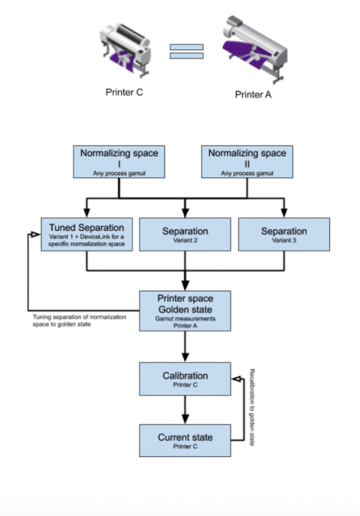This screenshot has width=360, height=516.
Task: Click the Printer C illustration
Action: (125, 50)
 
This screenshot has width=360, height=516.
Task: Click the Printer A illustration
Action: (255, 49)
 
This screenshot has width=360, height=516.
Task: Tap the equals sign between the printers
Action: (187, 51)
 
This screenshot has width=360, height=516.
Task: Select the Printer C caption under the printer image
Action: (124, 93)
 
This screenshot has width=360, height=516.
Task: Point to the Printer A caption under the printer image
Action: (253, 95)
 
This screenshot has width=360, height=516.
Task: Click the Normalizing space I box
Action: (119, 162)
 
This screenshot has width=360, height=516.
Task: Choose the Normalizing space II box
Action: (247, 162)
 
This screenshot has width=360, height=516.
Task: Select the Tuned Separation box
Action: (87, 234)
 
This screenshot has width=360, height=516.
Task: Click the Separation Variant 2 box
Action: (185, 234)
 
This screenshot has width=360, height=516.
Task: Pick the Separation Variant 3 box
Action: (284, 234)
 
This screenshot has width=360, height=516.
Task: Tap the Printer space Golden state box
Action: (185, 311)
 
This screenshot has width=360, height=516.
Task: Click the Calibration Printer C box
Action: (185, 379)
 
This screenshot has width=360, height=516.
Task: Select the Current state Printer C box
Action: (185, 440)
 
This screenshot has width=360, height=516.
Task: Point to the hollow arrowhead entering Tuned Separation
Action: (36, 234)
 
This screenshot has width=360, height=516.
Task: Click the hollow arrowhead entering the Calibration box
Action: (236, 379)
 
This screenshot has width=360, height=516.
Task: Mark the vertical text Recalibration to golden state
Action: (252, 407)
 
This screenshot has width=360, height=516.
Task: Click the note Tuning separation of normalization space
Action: (79, 320)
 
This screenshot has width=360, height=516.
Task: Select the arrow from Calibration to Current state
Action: (185, 410)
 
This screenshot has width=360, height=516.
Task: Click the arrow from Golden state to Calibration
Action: (185, 347)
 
